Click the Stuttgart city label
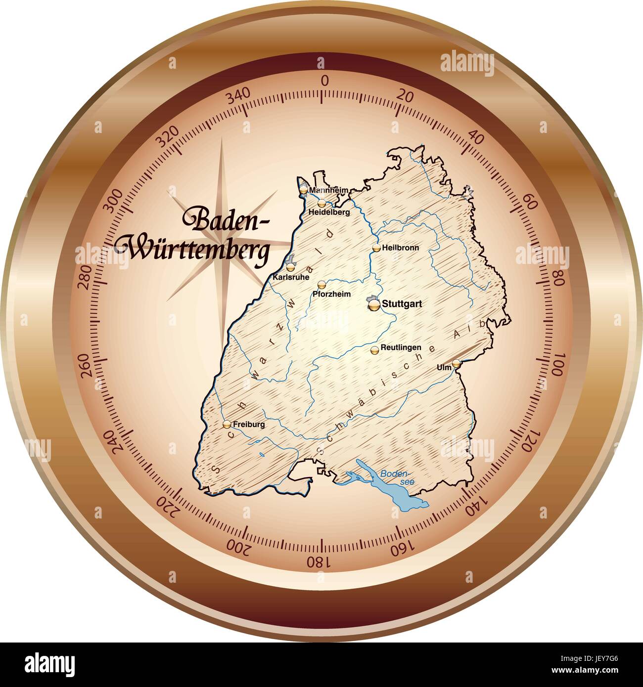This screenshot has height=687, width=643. point(402,304)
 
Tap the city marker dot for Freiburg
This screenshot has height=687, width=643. point(227,424)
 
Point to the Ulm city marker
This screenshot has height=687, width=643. point(456,363)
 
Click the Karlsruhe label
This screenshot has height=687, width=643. point(291,277)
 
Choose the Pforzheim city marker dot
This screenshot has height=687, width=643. point(322,284)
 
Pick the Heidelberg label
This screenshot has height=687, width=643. point(328,212)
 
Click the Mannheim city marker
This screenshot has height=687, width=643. point(303,189)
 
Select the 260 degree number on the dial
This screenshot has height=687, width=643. point(91,365)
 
